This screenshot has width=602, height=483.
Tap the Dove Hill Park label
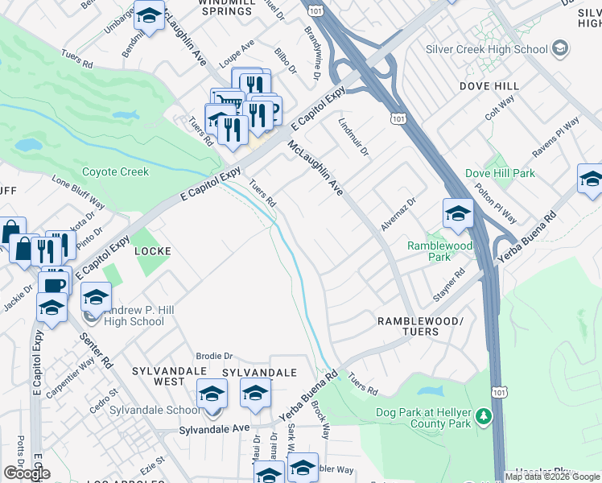[500, 173]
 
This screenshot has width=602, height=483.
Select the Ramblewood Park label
[439, 251]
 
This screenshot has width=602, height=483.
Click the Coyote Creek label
[116, 171]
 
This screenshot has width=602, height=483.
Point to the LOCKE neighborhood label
[152, 251]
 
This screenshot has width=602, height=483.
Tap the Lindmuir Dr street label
[353, 138]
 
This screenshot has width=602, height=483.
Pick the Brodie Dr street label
[214, 355]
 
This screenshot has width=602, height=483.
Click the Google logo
[27, 473]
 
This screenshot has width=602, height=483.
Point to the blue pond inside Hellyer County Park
[432, 392]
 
